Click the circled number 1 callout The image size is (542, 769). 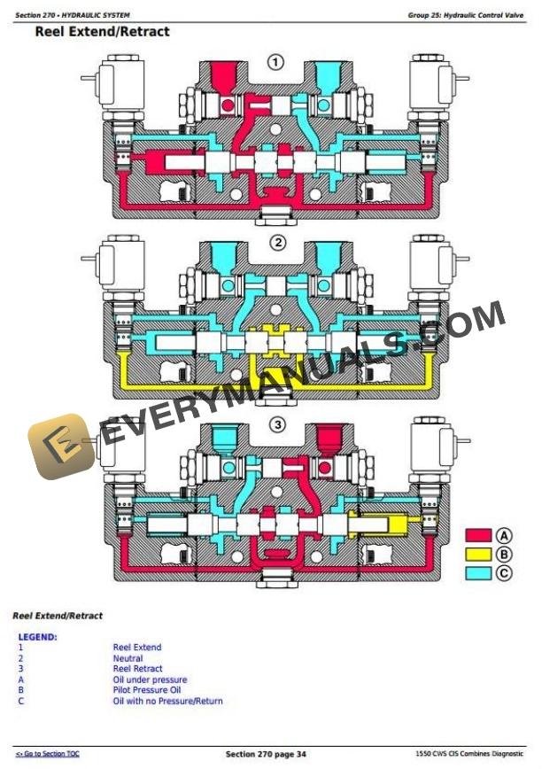click(276, 62)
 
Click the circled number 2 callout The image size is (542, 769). click(277, 243)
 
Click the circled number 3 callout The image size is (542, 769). click(277, 425)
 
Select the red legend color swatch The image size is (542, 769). click(479, 535)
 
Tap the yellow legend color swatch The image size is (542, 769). click(479, 555)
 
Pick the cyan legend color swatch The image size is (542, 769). click(479, 573)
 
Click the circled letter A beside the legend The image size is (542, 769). click(504, 535)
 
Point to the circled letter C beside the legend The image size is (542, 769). click(504, 573)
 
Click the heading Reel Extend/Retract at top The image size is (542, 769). click(102, 32)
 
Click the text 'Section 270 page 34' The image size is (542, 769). click(266, 754)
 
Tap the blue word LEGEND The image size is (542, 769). click(37, 636)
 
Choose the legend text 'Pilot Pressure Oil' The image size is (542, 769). click(146, 690)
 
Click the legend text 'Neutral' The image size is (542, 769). click(128, 658)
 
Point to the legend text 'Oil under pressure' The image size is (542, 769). click(150, 680)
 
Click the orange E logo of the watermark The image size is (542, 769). click(62, 447)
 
